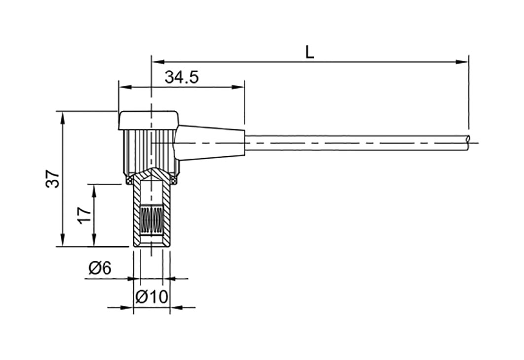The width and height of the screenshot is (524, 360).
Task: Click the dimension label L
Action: [310, 52]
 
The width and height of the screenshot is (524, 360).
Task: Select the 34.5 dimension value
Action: [181, 77]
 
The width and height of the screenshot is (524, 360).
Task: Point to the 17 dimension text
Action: [84, 216]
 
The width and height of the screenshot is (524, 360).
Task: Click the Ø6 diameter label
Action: [100, 268]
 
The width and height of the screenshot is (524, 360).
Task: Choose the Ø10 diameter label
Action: [151, 297]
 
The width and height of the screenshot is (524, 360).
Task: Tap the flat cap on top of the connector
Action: [149, 120]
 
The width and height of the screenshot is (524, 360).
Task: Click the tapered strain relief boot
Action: [211, 143]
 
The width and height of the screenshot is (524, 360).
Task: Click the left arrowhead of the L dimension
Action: [158, 62]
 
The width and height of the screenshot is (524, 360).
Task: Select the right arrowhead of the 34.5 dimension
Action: [238, 87]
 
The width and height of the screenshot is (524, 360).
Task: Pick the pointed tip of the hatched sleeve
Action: [152, 169]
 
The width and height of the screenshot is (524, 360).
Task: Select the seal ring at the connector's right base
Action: [174, 181]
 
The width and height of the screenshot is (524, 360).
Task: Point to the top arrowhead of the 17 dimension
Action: [94, 191]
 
